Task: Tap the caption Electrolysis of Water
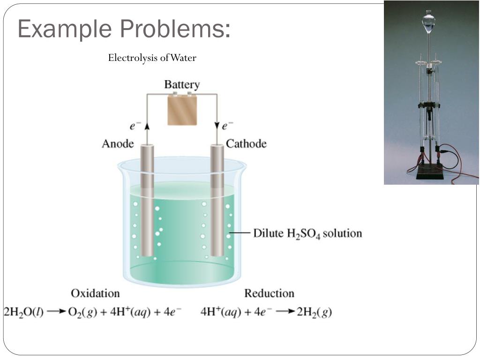tap(152, 58)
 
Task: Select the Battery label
tap(182, 85)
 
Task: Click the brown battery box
tap(182, 110)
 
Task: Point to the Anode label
tap(118, 143)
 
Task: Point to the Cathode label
tap(246, 143)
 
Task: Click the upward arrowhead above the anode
tap(147, 126)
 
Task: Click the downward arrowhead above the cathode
tap(217, 126)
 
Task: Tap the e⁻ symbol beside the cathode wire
tap(228, 126)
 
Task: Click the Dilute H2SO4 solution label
tap(307, 233)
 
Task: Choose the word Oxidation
tap(95, 293)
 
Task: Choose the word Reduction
tap(269, 293)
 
